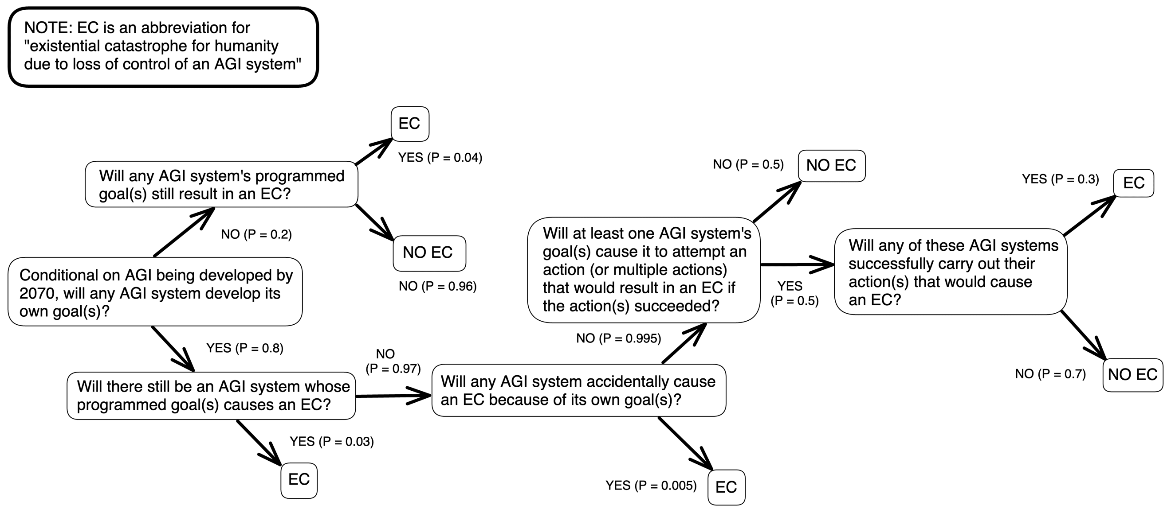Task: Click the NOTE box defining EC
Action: (x=163, y=47)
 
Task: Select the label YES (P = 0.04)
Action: (x=440, y=158)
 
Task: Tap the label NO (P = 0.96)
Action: (x=437, y=287)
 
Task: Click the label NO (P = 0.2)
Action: (x=256, y=235)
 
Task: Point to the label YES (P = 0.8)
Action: (x=244, y=348)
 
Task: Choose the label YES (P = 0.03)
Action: (x=331, y=442)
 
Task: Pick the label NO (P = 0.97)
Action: (x=393, y=361)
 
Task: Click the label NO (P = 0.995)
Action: (x=618, y=338)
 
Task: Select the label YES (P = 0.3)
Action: (x=1060, y=179)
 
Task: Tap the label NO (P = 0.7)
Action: (x=1050, y=374)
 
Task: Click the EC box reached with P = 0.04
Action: (x=409, y=124)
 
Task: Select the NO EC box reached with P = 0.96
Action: (x=428, y=253)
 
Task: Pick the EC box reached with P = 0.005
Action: (x=726, y=487)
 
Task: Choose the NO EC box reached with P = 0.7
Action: (x=1132, y=374)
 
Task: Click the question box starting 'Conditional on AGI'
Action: (x=155, y=292)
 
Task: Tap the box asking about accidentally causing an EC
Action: (x=578, y=390)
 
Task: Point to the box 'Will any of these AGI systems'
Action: (x=951, y=272)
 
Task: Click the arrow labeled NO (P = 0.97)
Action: (x=393, y=396)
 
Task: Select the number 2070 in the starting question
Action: (x=39, y=294)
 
